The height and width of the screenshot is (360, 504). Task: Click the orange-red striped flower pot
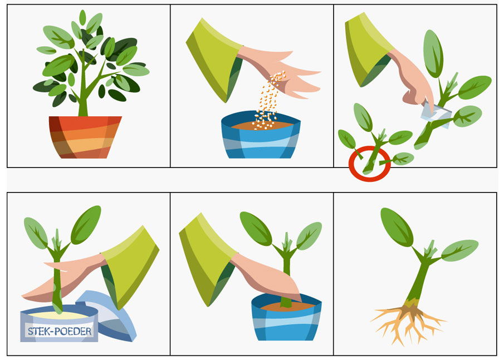tap(85, 137)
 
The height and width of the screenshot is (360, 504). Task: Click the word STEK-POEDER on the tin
tap(60, 331)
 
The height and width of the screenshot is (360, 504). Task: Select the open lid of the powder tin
tap(109, 317)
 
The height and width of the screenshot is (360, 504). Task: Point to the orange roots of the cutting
tap(408, 323)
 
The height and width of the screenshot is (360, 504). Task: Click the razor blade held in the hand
tap(437, 114)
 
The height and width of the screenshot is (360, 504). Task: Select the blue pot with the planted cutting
tap(286, 317)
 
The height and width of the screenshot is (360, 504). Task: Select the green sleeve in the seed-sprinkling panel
tap(214, 60)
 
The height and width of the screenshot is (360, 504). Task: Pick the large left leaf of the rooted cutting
tap(397, 227)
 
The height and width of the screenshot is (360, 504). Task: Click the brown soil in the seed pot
tap(262, 125)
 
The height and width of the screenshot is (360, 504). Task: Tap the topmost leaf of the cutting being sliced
tap(433, 53)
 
